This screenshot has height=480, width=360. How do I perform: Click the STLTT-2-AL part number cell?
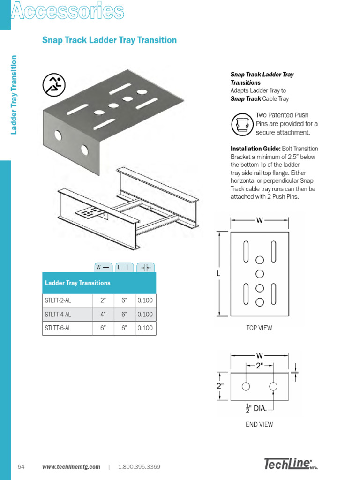click(x=58, y=301)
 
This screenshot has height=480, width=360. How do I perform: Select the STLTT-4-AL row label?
click(x=58, y=315)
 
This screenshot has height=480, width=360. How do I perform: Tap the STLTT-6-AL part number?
click(x=58, y=328)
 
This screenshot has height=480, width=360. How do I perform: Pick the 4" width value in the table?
click(x=103, y=315)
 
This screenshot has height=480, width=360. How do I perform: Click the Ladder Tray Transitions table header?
click(x=78, y=283)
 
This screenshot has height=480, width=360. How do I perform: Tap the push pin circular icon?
click(x=242, y=124)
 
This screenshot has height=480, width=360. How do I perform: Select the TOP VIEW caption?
click(x=259, y=328)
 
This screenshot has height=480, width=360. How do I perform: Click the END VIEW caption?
click(x=259, y=425)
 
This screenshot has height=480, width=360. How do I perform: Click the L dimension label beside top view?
click(x=218, y=273)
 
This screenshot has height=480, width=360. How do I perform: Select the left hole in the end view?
click(x=245, y=386)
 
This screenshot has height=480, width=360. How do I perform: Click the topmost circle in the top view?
click(x=260, y=260)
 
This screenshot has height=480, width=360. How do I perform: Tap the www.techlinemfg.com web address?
click(x=71, y=467)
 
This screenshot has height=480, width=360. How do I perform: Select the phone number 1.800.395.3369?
click(x=139, y=467)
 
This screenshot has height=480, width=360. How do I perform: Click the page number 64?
click(x=21, y=467)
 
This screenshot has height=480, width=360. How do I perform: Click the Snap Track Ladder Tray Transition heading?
click(x=109, y=40)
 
